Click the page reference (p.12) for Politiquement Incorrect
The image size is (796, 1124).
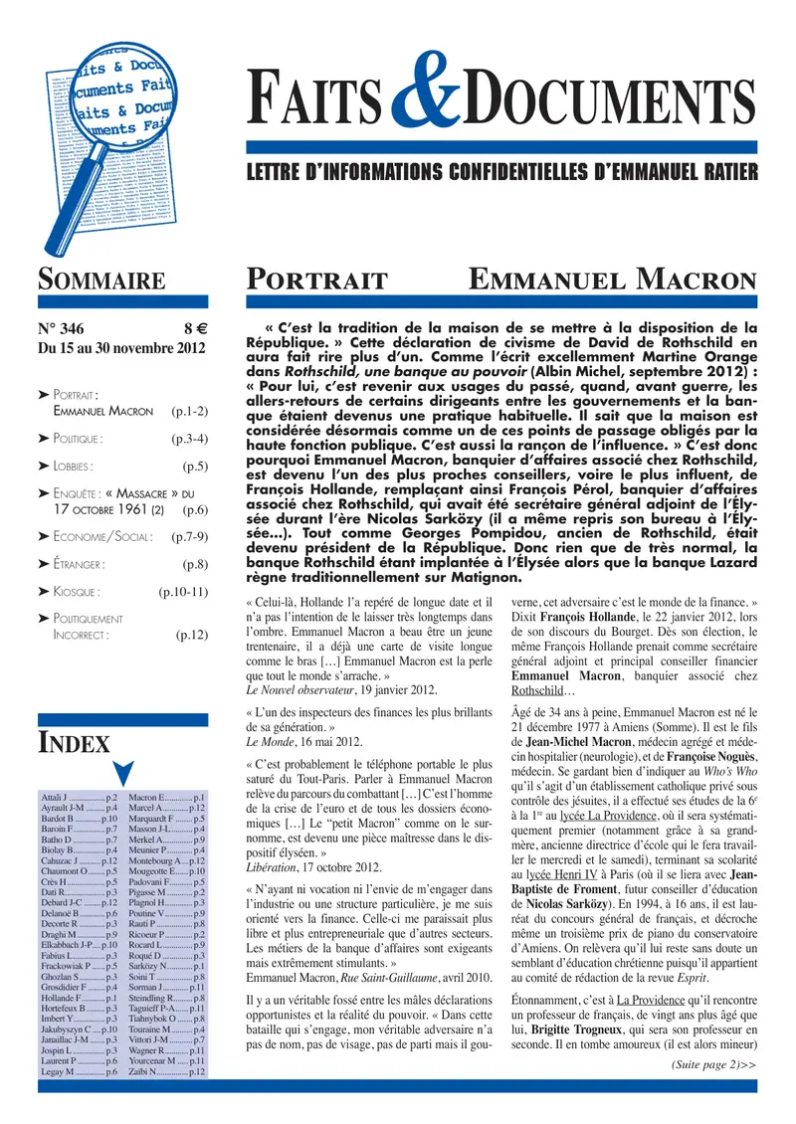pyautogui.click(x=189, y=634)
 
